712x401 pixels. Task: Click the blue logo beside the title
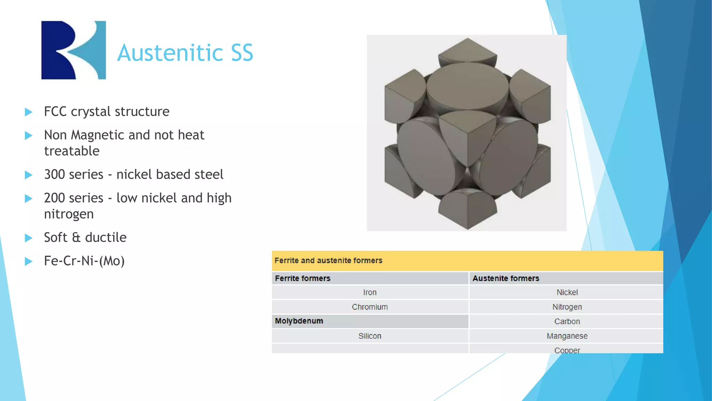click(x=73, y=50)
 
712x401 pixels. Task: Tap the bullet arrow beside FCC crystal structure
click(x=29, y=112)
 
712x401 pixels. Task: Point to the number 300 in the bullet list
click(x=55, y=174)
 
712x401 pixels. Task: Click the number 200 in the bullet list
click(x=55, y=198)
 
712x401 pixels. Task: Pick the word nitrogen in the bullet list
click(x=69, y=214)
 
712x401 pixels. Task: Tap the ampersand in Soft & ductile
click(x=76, y=238)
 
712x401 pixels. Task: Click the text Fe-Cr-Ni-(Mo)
click(x=84, y=261)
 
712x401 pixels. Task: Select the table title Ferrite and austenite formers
click(x=328, y=261)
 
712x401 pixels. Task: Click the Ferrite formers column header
click(x=302, y=278)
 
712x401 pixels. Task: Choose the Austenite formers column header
click(x=505, y=278)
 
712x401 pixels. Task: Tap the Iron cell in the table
click(x=370, y=292)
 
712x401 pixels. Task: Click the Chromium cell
click(x=370, y=307)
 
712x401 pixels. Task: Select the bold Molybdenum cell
click(x=299, y=321)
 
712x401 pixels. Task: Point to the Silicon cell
click(x=370, y=336)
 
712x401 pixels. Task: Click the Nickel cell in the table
click(x=567, y=292)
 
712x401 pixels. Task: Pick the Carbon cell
click(x=567, y=321)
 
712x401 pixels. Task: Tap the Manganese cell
click(x=567, y=336)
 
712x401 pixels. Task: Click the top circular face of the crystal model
click(x=467, y=86)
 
